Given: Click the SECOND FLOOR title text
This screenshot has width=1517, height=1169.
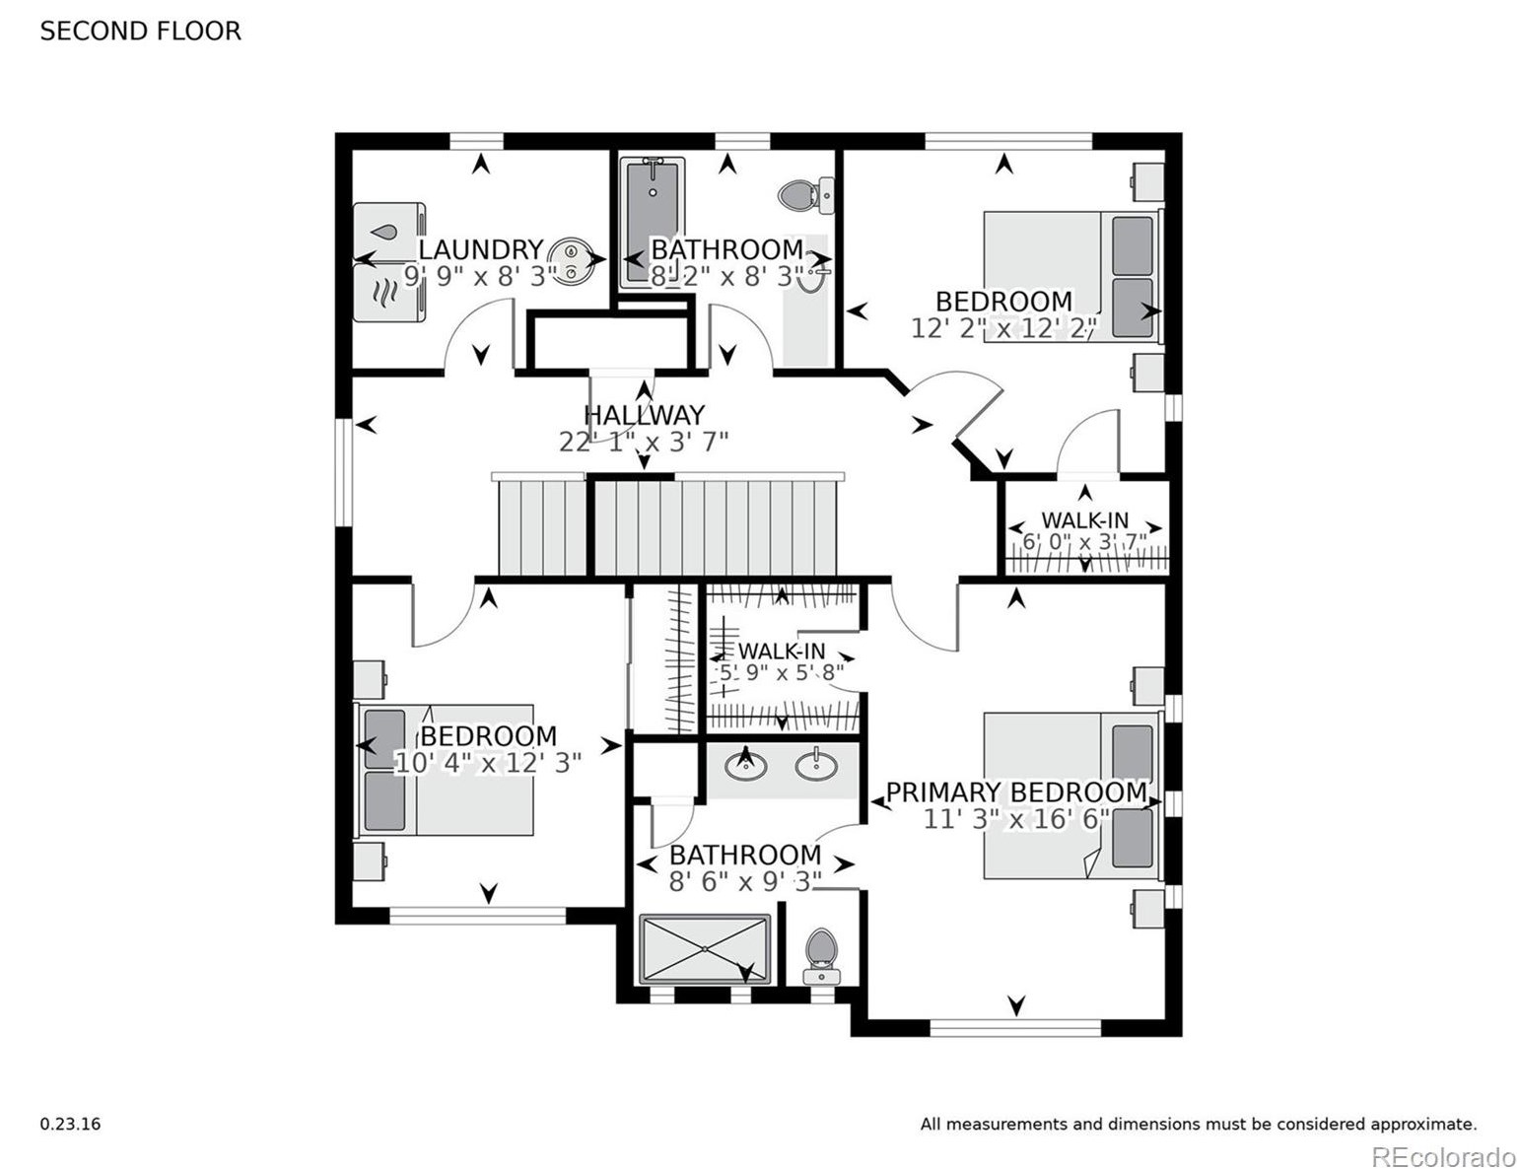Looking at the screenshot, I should [140, 32].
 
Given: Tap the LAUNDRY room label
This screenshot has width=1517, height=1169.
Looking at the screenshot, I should [480, 249].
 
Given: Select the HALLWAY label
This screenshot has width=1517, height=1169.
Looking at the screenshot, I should [644, 415].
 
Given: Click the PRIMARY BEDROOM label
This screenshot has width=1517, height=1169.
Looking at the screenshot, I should [1016, 792].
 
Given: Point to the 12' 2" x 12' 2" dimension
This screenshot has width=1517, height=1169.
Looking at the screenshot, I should [1003, 328].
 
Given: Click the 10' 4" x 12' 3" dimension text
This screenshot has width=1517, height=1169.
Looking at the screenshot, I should [488, 763].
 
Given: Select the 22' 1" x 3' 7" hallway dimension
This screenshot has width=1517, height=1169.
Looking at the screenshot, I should [644, 442].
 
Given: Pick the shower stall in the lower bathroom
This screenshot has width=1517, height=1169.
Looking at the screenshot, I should [705, 949].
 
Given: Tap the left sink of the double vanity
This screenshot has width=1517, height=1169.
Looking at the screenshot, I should [746, 764].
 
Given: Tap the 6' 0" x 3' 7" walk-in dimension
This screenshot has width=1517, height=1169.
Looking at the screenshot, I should [1084, 542].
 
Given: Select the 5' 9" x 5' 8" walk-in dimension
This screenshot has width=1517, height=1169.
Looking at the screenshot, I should [782, 673].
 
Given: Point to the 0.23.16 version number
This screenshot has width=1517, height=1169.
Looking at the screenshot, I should [70, 1124].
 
